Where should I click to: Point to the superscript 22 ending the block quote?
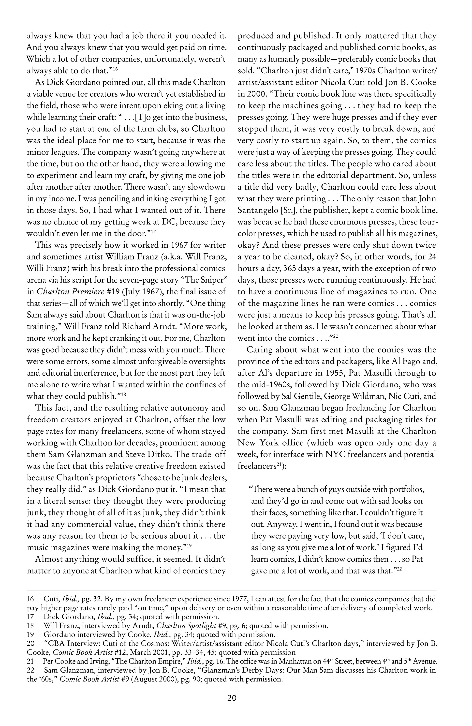click(397, 569)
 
